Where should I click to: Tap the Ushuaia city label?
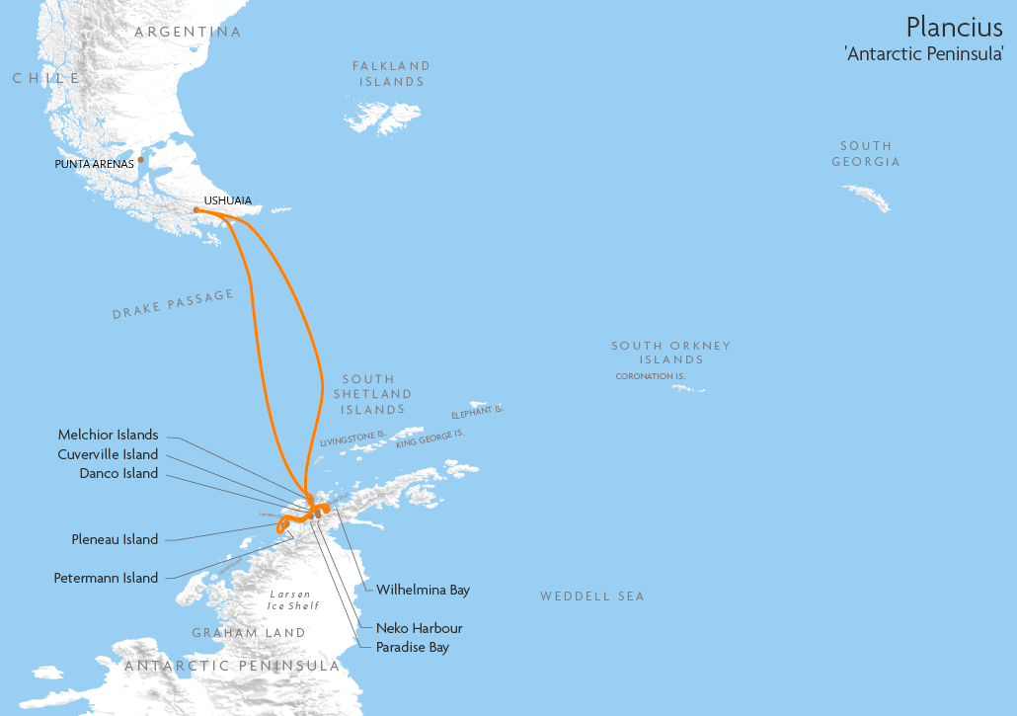(227, 200)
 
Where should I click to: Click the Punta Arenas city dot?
(141, 159)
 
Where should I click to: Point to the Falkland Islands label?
(392, 74)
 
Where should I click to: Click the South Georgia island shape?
(866, 197)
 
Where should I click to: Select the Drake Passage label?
(174, 304)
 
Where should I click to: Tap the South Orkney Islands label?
(670, 353)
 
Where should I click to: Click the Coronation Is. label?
(650, 376)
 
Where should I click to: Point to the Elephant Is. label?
(477, 411)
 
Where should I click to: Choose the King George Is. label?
(430, 438)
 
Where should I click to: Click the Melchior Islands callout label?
(108, 436)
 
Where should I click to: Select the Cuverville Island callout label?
(108, 454)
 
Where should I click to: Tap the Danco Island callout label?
(118, 473)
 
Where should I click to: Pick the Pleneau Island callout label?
(115, 539)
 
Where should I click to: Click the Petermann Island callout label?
(106, 578)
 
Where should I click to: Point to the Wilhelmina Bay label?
(423, 590)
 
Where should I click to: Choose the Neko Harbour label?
(419, 628)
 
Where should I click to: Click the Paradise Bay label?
(412, 647)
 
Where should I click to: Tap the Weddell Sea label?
(591, 597)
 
